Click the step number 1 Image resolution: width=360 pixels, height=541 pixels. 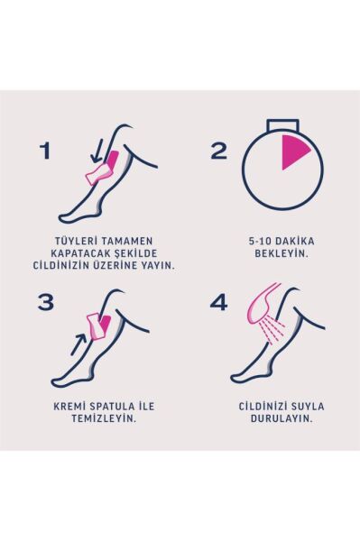click(x=45, y=151)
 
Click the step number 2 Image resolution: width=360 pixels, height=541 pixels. click(x=219, y=151)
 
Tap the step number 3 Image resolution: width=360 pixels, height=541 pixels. click(x=46, y=303)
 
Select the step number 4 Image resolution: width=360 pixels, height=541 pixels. click(x=219, y=303)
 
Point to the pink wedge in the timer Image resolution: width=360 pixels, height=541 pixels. click(x=292, y=152)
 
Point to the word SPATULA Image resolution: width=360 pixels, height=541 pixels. click(x=112, y=407)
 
